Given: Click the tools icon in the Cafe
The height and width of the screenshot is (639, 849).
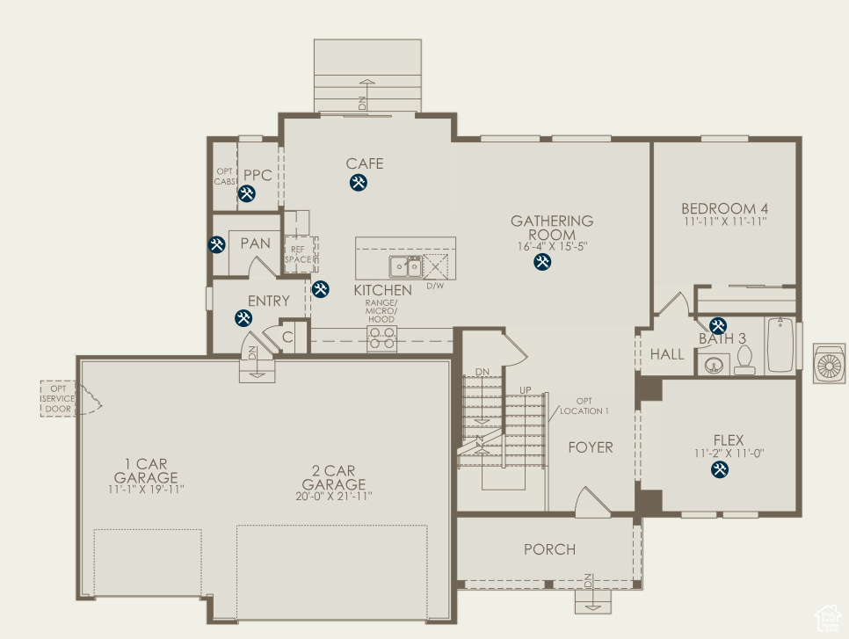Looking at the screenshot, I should (358, 183).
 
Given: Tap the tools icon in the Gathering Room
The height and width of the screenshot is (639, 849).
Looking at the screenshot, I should (542, 262).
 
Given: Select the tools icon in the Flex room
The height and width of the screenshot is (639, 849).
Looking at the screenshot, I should (720, 470).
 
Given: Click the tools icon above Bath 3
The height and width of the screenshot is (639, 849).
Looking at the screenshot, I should (718, 325).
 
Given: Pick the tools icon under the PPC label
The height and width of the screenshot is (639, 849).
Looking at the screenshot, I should (247, 193).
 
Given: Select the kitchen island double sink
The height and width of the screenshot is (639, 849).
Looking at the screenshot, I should (406, 266).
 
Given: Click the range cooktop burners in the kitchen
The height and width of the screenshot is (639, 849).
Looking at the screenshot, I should (381, 338).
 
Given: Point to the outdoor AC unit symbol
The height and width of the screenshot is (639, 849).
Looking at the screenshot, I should (829, 364).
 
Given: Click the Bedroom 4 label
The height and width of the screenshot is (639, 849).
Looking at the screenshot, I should (725, 209).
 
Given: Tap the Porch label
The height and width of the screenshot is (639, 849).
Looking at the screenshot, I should (549, 549).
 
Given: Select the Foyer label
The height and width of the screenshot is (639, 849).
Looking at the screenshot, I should (591, 447).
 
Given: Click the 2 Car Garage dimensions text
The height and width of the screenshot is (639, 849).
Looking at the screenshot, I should (334, 497).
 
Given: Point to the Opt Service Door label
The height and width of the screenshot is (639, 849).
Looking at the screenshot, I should (58, 398).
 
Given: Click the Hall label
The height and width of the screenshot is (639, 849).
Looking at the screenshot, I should (667, 355).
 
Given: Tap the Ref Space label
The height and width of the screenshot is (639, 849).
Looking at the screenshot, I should (298, 255).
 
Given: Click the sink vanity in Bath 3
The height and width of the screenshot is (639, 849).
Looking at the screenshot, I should (713, 364).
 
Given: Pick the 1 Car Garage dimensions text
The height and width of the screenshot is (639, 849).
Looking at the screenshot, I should (146, 489).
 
